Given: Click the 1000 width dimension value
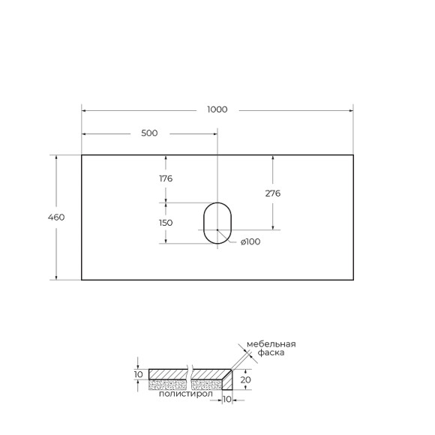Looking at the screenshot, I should click(217, 109).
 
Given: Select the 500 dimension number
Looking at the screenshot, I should click(149, 133).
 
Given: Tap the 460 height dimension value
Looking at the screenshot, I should click(56, 217).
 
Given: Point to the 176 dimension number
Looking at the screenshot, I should click(166, 178).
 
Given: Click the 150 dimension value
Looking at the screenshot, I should click(166, 223).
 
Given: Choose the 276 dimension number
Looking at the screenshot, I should click(273, 193).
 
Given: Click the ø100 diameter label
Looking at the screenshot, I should click(250, 241).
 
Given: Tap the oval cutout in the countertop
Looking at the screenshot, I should click(217, 223).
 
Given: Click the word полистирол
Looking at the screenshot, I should click(185, 393).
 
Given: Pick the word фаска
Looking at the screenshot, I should click(271, 352).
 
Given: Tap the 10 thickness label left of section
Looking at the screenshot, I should click(138, 373).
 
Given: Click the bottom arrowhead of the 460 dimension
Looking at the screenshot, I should click(56, 277).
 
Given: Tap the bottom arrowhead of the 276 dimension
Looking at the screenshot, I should click(273, 226).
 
